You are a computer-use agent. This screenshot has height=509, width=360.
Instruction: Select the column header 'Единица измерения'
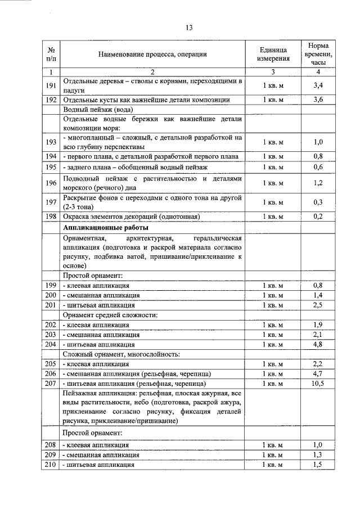pyautogui.click(x=273, y=54)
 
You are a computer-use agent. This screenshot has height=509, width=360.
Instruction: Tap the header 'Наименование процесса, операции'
pyautogui.click(x=152, y=54)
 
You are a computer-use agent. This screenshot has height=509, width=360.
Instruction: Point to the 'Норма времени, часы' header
pyautogui.click(x=318, y=54)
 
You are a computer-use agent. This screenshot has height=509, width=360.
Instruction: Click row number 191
pyautogui.click(x=51, y=85)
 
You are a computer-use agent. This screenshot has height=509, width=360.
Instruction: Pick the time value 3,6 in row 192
pyautogui.click(x=318, y=100)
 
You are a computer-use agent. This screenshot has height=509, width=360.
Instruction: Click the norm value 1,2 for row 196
pyautogui.click(x=318, y=183)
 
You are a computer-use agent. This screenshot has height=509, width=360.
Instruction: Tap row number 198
pyautogui.click(x=51, y=217)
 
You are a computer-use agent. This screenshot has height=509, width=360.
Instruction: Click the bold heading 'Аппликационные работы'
pyautogui.click(x=106, y=228)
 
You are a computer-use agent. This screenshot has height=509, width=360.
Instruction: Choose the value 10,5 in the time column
pyautogui.click(x=318, y=383)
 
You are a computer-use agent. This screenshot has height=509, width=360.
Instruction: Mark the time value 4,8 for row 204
pyautogui.click(x=318, y=344)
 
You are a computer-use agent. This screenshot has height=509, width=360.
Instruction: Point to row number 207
pyautogui.click(x=51, y=383)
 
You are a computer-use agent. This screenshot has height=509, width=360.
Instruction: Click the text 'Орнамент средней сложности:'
pyautogui.click(x=110, y=315)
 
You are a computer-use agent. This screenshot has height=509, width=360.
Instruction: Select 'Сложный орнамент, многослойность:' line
pyautogui.click(x=121, y=354)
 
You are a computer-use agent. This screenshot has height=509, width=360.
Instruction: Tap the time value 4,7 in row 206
pyautogui.click(x=318, y=373)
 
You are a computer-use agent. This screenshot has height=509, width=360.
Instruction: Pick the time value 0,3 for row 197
pyautogui.click(x=318, y=202)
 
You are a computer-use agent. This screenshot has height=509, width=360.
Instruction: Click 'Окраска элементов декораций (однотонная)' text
pyautogui.click(x=132, y=217)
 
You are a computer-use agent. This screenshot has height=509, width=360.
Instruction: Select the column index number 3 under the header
pyautogui.click(x=273, y=71)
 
